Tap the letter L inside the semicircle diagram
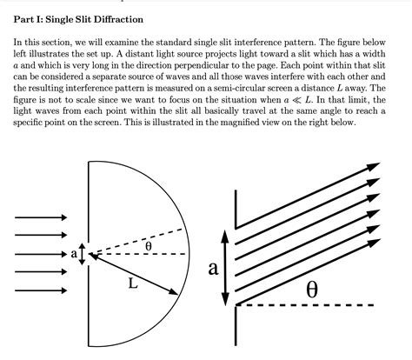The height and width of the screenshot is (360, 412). pyautogui.click(x=132, y=283)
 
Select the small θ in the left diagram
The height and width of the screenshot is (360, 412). pyautogui.click(x=149, y=246)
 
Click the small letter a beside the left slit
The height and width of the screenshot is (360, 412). pyautogui.click(x=74, y=254)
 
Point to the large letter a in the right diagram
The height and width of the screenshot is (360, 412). pyautogui.click(x=213, y=269)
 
